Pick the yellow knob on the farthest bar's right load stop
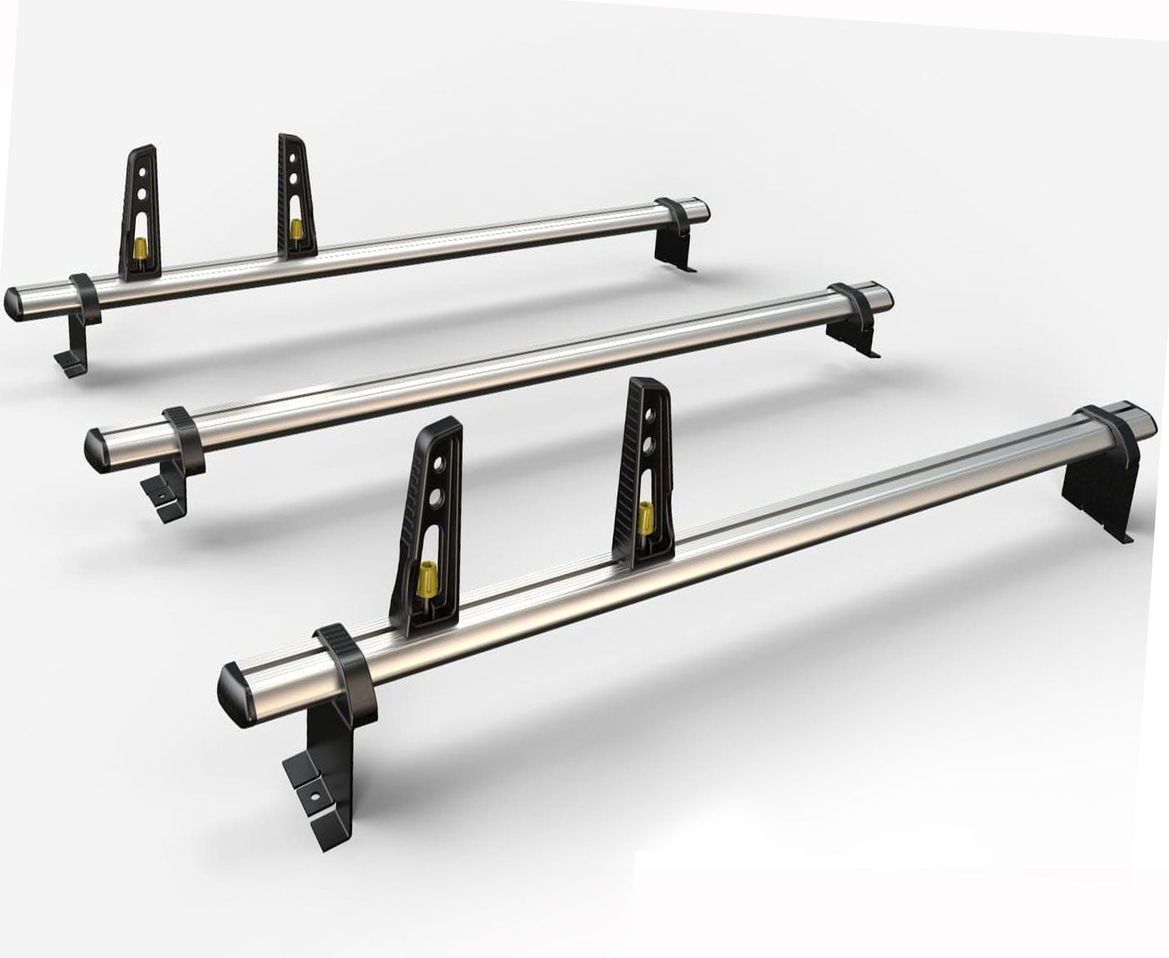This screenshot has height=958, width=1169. [x=296, y=229]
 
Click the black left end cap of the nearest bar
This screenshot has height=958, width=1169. [x=235, y=694]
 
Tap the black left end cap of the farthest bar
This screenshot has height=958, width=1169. [x=15, y=303]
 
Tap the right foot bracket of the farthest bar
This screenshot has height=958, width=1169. [x=673, y=248]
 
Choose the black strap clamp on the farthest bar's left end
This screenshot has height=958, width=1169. [x=86, y=297]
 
